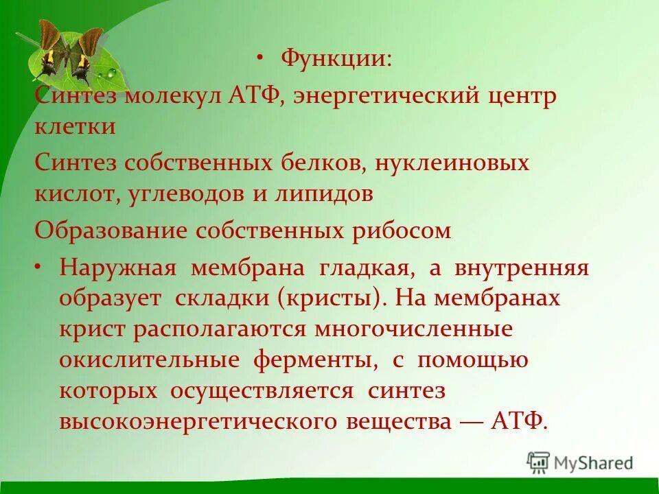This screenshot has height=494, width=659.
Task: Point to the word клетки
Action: click(75, 127)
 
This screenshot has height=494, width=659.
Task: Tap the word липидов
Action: click(323, 194)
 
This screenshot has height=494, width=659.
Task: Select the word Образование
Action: click(111, 231)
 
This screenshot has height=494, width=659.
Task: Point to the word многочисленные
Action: click(413, 329)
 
